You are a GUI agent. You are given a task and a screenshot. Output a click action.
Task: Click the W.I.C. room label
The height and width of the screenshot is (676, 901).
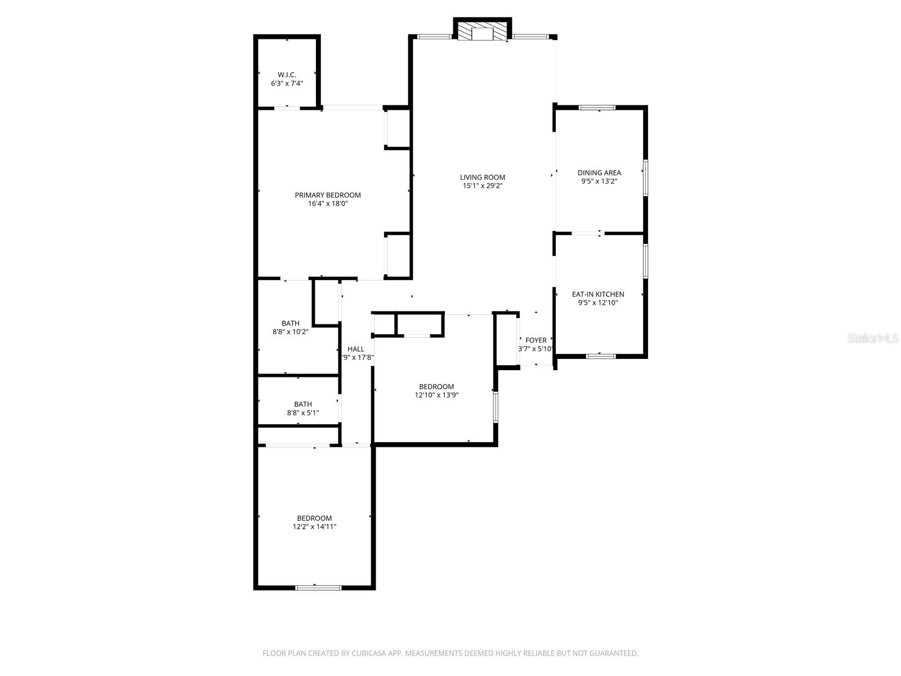click(287, 75)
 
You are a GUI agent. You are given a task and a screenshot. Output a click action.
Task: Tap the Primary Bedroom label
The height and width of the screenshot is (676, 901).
click(328, 195)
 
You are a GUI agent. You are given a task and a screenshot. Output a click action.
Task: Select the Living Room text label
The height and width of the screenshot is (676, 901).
click(483, 177)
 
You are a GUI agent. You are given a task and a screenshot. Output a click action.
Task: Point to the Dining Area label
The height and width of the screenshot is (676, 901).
click(599, 173)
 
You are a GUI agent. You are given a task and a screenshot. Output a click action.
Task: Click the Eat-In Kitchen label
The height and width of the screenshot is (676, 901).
click(598, 294)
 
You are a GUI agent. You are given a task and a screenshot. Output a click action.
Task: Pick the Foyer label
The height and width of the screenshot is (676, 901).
click(536, 340)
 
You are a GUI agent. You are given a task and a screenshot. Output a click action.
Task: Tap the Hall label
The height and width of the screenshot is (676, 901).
click(356, 349)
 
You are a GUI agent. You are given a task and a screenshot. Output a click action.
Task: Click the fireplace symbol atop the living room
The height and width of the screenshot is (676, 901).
click(482, 32)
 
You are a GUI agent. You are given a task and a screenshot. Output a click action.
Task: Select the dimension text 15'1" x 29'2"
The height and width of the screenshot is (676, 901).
click(483, 185)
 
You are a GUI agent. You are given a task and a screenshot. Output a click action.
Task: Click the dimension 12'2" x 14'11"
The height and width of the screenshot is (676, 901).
click(314, 527)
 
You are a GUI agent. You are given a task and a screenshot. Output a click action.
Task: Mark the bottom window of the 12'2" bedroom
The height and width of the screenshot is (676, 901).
click(318, 588)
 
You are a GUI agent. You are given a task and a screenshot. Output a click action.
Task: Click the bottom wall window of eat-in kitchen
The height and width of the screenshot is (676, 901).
click(601, 356)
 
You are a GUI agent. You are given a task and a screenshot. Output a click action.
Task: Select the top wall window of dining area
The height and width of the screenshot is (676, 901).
click(597, 108)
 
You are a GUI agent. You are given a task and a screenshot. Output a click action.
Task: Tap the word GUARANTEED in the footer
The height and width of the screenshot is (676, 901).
click(614, 653)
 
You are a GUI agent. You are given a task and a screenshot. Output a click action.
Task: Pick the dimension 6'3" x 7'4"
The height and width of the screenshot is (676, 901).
click(287, 83)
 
